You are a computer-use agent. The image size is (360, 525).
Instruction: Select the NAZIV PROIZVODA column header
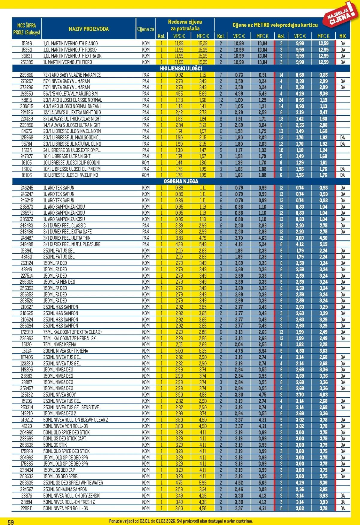click(x=88, y=29)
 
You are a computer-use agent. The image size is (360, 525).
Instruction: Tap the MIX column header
click(x=343, y=36)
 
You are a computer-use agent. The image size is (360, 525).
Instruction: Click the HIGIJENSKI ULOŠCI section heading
click(x=181, y=69)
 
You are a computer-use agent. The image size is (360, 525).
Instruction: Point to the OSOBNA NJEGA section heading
click(x=181, y=181)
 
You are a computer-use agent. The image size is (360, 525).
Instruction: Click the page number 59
click(x=10, y=522)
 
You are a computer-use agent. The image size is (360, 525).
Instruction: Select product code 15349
click(x=26, y=43)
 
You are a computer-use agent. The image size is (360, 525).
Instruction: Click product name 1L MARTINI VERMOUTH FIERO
click(x=68, y=62)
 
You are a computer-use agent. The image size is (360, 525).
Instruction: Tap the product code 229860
click(x=26, y=75)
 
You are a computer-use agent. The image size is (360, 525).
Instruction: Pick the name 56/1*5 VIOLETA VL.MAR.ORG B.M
click(x=70, y=94)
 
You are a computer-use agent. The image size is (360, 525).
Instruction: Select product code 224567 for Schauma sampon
click(x=26, y=489)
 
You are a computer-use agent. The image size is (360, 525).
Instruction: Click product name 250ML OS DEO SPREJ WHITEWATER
click(x=73, y=483)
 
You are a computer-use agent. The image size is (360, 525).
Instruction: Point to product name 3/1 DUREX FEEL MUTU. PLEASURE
click(x=72, y=244)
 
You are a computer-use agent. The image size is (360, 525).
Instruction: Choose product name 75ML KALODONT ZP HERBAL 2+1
click(x=70, y=338)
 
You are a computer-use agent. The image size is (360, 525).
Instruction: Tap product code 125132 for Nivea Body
click(x=26, y=395)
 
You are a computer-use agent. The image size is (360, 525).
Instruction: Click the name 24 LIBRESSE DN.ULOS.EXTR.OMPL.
click(x=72, y=150)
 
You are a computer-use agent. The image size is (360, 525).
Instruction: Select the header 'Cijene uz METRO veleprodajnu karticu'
click(x=275, y=25)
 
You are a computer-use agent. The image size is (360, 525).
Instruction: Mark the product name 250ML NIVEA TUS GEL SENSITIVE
click(x=71, y=407)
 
